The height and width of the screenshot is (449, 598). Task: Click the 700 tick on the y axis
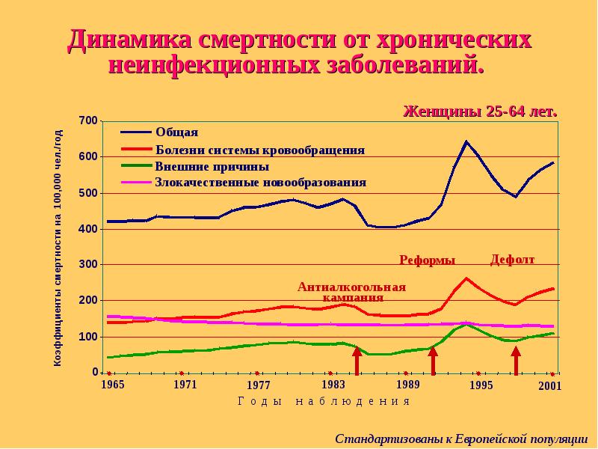click(x=88, y=120)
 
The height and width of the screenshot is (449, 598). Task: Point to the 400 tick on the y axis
click(x=88, y=229)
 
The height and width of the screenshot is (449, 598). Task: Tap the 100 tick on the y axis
click(x=88, y=337)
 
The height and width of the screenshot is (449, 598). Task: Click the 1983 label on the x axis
click(x=333, y=385)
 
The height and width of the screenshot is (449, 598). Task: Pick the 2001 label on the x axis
click(x=549, y=386)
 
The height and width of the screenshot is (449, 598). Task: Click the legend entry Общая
click(x=176, y=132)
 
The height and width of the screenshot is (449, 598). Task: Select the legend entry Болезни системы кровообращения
click(x=259, y=150)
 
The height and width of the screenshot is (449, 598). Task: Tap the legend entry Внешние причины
click(x=212, y=166)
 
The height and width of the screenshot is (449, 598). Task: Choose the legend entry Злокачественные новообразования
click(x=260, y=182)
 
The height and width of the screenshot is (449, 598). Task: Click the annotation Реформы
click(x=427, y=260)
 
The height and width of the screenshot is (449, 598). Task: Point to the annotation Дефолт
click(x=512, y=260)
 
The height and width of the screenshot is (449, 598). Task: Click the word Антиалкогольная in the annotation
click(x=351, y=287)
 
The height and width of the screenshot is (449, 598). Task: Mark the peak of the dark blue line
click(x=466, y=141)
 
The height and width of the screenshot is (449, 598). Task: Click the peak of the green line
click(x=466, y=323)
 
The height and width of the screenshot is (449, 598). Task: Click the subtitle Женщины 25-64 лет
click(x=481, y=112)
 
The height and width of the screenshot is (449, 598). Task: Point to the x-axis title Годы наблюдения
click(x=324, y=401)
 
